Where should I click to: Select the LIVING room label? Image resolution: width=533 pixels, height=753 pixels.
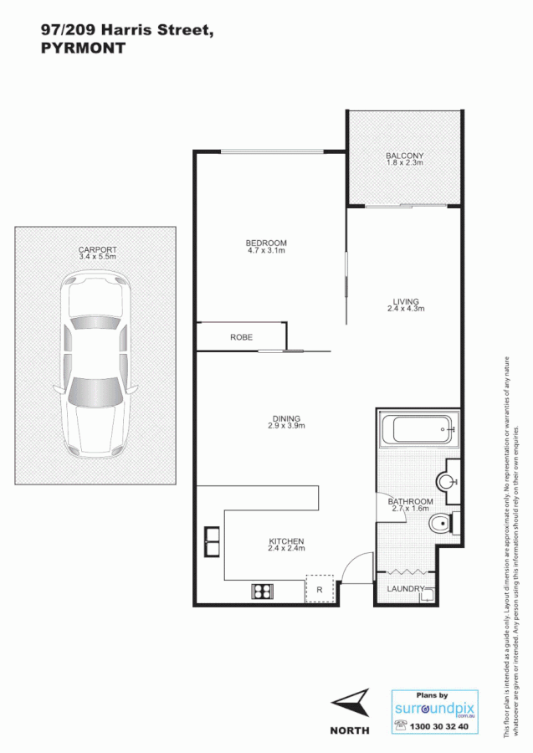coord(406,302)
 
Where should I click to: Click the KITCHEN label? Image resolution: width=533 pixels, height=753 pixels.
coord(286,541)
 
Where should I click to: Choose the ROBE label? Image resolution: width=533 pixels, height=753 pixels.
coord(242,337)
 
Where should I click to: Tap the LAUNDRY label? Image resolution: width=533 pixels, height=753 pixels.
coord(406,589)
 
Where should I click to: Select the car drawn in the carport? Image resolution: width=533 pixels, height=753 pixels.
coord(96,361)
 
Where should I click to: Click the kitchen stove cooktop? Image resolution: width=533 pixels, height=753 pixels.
coord(263,592)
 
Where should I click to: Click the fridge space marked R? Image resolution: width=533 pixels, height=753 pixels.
coord(320,588)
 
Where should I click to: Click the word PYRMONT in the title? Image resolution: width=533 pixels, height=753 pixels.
coord(83,48)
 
